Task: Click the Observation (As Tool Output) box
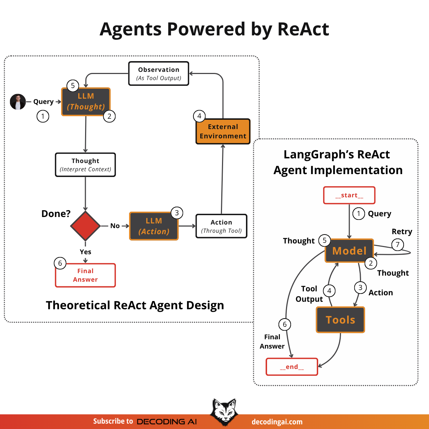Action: tap(159, 74)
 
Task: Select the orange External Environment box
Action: tap(223, 132)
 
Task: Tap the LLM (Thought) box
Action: tap(86, 102)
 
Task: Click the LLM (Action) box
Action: tap(154, 226)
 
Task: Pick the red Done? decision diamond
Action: tap(85, 226)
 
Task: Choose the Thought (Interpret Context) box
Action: tap(85, 165)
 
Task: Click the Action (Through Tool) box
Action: tap(221, 226)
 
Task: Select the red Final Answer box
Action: tap(85, 275)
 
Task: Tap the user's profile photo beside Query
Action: tap(18, 102)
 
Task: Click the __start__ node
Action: tap(349, 195)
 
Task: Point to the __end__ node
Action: tap(292, 367)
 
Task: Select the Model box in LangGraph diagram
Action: tap(349, 251)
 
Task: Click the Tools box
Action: tap(340, 320)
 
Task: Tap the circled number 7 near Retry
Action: tap(398, 245)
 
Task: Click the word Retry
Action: tap(402, 232)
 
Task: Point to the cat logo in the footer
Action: tap(224, 412)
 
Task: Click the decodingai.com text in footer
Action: tap(277, 422)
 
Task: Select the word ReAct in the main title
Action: tap(303, 29)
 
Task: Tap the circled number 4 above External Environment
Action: tap(199, 116)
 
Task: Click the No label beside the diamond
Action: tap(115, 226)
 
